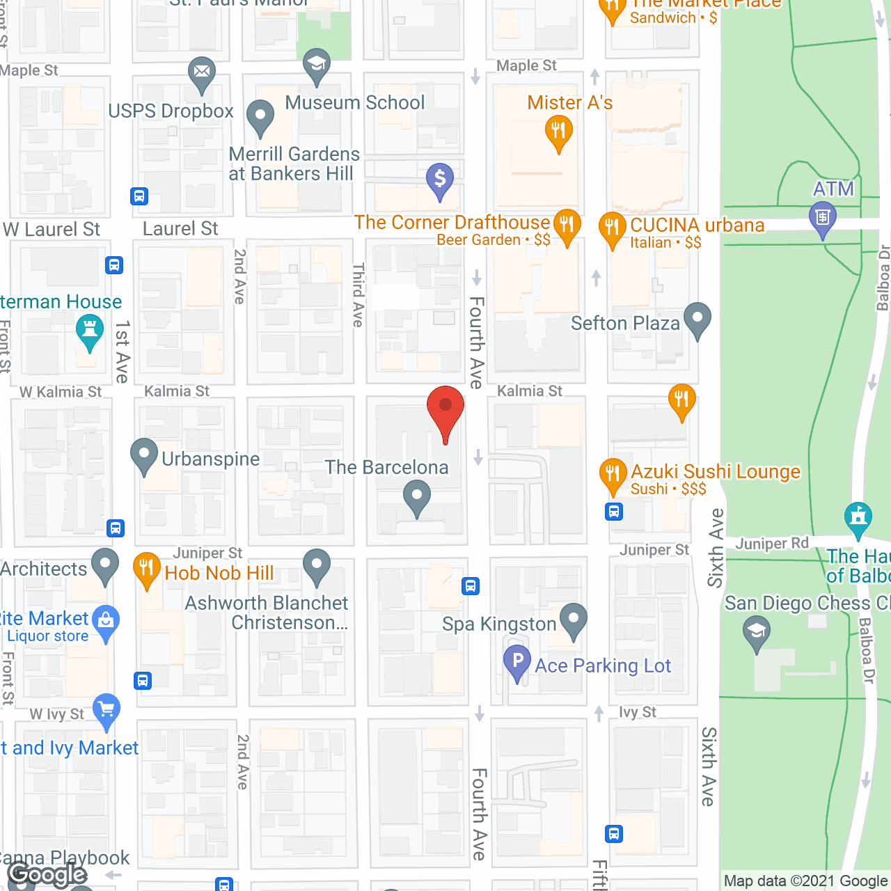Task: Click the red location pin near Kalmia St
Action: (445, 407)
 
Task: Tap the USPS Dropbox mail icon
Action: (201, 72)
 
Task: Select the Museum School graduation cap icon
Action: (316, 64)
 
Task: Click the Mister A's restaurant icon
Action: (558, 130)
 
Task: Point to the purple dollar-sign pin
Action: (440, 179)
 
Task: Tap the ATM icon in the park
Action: (822, 217)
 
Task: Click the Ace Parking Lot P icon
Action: (517, 660)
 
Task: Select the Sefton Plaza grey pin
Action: (697, 318)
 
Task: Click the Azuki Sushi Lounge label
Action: (716, 472)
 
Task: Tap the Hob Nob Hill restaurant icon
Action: (147, 568)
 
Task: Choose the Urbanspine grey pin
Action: (144, 454)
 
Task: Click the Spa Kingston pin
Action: (574, 618)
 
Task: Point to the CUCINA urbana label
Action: (697, 226)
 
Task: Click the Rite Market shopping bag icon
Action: (107, 620)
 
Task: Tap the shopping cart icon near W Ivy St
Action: (107, 709)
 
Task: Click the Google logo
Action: (47, 874)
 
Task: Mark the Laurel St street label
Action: (180, 229)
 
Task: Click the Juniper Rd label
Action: (772, 544)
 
